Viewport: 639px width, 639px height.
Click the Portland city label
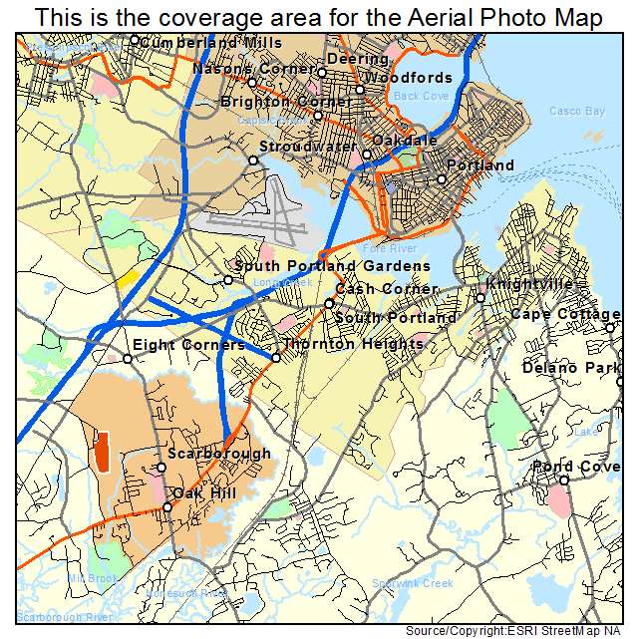(x=480, y=165)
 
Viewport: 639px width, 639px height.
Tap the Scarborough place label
(x=219, y=454)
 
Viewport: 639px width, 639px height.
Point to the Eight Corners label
(x=188, y=345)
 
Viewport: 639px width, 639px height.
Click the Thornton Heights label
(x=354, y=344)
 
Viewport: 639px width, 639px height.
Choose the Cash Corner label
(x=386, y=289)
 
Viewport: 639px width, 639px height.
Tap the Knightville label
(x=530, y=284)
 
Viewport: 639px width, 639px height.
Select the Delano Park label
(x=571, y=369)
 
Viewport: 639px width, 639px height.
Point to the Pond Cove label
(x=576, y=467)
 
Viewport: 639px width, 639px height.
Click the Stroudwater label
(x=308, y=147)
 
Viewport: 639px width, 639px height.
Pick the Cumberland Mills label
(x=211, y=43)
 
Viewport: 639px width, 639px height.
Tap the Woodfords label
(x=408, y=78)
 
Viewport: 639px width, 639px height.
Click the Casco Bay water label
(x=577, y=112)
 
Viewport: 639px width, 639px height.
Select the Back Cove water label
(x=421, y=96)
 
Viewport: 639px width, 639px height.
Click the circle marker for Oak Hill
(x=167, y=507)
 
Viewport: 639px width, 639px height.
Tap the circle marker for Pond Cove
(x=564, y=480)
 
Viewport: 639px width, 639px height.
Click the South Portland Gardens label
(x=333, y=266)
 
